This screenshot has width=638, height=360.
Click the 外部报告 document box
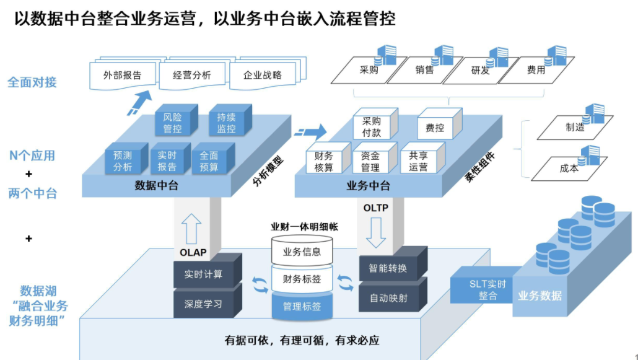pos(123,76)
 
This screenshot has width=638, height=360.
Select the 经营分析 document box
pos(192,76)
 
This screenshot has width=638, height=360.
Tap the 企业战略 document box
pos(263,76)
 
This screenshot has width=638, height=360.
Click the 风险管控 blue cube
pos(173,123)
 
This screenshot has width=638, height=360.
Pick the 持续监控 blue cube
pos(226,123)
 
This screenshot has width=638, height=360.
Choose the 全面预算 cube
pos(209,161)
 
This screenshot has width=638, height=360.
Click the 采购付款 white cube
pos(372,127)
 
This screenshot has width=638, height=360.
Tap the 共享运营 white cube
pos(419,161)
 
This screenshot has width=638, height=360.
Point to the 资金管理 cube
pos(370,161)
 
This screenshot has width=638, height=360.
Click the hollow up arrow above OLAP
pos(192,229)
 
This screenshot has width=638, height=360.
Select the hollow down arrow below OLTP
pos(375,232)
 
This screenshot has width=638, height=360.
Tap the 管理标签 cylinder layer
pos(302,305)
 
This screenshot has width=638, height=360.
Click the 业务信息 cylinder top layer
pos(302,252)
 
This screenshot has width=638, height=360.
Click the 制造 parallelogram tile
pos(575,128)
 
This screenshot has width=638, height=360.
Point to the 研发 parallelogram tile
pos(480,71)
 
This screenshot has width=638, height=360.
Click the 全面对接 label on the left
pos(32,82)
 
